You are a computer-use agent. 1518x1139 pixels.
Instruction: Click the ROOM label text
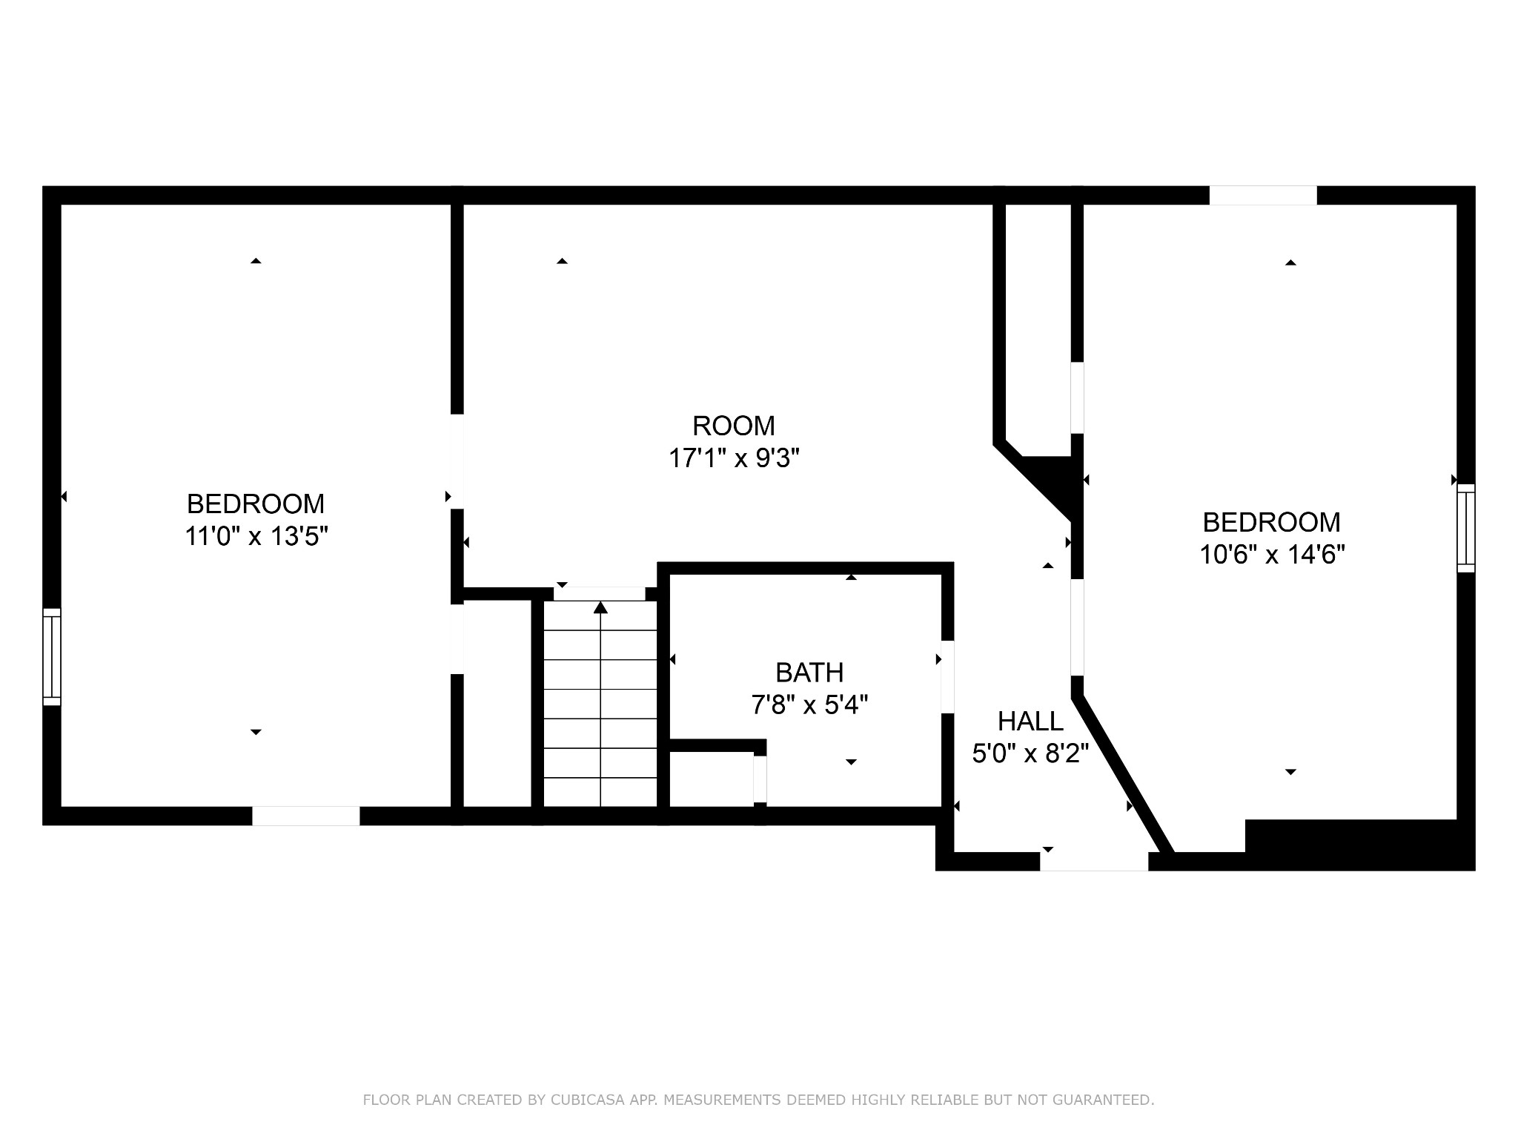tap(733, 426)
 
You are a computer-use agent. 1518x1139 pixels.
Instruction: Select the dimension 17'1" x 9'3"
tap(734, 458)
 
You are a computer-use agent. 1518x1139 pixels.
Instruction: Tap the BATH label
tap(809, 673)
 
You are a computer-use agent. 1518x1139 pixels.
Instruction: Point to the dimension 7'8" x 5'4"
tap(809, 704)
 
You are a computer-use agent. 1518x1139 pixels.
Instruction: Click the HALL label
tap(1030, 721)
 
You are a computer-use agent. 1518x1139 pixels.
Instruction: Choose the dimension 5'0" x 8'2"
tap(1030, 753)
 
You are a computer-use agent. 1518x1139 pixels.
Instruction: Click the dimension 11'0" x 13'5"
tap(256, 535)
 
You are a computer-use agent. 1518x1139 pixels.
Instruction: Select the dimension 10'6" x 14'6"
tap(1272, 554)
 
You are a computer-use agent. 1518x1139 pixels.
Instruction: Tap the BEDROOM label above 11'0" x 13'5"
tap(256, 504)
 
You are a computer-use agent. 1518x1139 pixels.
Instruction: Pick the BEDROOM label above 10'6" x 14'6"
tap(1271, 523)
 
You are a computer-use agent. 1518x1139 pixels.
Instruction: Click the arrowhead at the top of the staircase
tap(600, 607)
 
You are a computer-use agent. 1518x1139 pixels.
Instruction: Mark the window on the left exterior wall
tap(52, 657)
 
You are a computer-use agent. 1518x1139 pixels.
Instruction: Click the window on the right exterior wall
tap(1465, 528)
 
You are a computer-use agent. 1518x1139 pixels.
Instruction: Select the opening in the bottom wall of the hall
tap(1094, 861)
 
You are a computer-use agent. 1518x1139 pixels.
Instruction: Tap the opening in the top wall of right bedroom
tap(1263, 195)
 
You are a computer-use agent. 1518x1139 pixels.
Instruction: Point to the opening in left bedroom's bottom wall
tap(306, 816)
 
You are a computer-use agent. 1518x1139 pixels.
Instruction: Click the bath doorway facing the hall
tap(947, 676)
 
